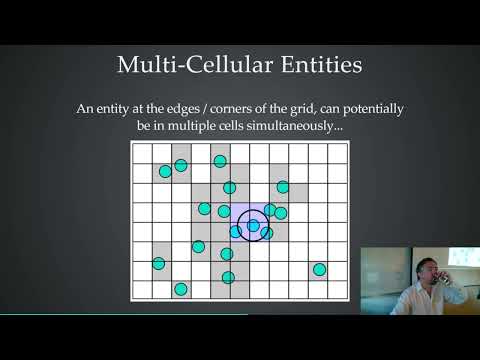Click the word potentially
tap(369, 108)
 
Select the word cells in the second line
tap(248, 128)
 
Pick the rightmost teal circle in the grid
tap(319, 269)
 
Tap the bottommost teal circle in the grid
tap(181, 289)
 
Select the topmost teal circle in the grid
tap(220, 161)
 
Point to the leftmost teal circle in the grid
tap(158, 264)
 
